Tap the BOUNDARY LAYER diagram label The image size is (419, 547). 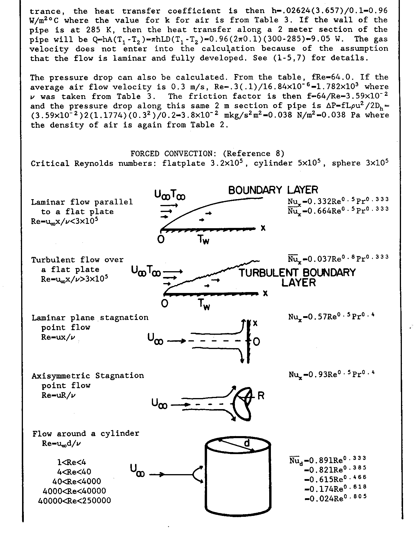(x=273, y=190)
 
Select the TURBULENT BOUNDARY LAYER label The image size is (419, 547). (x=297, y=277)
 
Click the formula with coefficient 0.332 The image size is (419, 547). (x=338, y=201)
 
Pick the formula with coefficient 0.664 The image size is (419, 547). (x=338, y=210)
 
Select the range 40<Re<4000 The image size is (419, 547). (x=77, y=481)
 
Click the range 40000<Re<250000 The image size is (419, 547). (x=74, y=501)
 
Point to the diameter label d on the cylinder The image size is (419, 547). (x=247, y=443)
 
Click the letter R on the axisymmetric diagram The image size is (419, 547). (x=261, y=396)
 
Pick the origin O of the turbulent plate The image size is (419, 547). (x=164, y=304)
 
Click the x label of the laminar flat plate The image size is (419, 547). (x=263, y=228)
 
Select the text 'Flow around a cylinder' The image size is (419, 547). (x=86, y=434)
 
